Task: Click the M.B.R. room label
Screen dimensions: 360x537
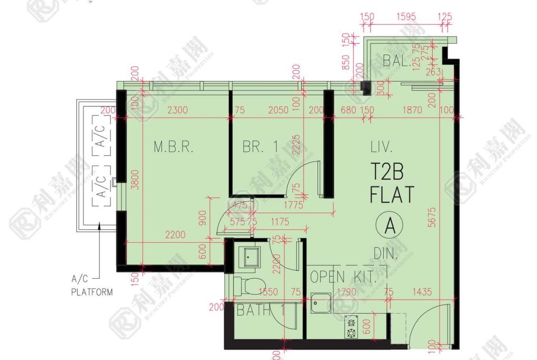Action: click(x=174, y=147)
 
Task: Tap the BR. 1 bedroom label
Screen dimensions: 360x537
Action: click(x=260, y=147)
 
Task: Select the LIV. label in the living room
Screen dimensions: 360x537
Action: click(x=381, y=147)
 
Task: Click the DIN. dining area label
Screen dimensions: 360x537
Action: click(x=385, y=253)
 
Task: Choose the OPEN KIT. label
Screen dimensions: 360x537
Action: click(x=343, y=277)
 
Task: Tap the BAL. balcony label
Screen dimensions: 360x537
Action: click(x=397, y=60)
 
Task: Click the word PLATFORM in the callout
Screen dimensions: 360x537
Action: click(x=92, y=292)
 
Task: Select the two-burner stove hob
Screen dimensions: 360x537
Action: click(x=352, y=327)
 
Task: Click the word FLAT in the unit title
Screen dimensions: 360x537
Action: click(x=392, y=194)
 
